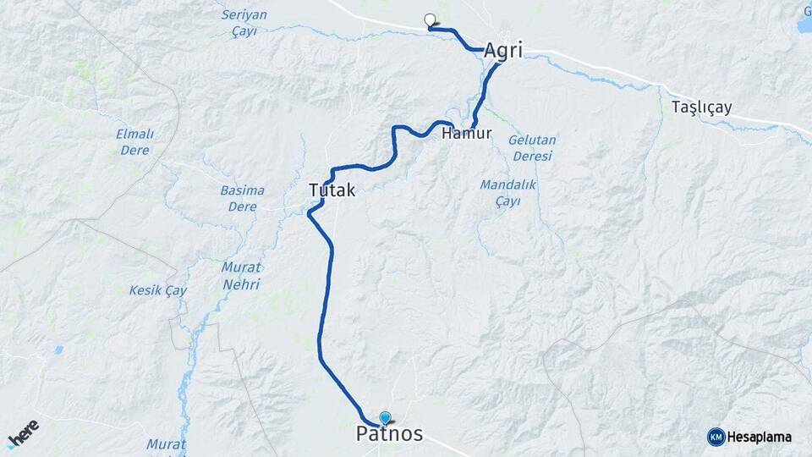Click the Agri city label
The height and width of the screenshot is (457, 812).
503,51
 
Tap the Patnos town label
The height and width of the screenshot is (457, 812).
389,435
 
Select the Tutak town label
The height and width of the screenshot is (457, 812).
332,191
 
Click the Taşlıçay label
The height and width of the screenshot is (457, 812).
701,107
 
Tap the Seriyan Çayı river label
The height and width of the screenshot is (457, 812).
244,23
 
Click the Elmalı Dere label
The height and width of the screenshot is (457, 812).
134,142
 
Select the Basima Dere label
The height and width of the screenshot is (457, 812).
242,198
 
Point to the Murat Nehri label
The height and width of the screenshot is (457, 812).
241,276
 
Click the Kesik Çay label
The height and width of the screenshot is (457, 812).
157,290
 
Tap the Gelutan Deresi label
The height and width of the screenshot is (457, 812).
532,148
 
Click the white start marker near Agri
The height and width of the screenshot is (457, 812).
430,20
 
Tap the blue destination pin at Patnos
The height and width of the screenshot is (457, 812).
386,418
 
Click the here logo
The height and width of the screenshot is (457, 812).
23,433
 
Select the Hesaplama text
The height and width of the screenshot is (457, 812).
760,437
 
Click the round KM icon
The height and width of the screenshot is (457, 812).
716,437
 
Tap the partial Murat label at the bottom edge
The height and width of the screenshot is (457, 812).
166,444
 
